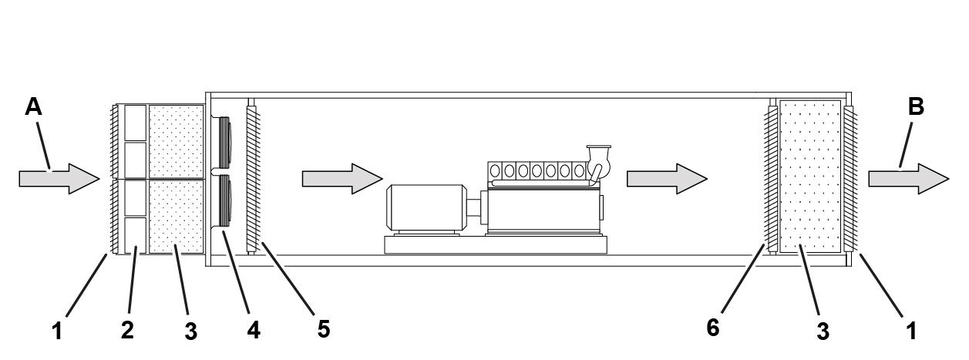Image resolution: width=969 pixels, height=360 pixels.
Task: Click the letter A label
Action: click(x=33, y=106)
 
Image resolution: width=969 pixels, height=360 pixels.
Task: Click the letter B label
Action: click(x=916, y=106)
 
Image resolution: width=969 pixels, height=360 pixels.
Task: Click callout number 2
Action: click(x=127, y=329)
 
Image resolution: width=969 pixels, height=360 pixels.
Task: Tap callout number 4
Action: click(x=254, y=330)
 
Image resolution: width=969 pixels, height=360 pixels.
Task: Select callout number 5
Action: click(x=324, y=329)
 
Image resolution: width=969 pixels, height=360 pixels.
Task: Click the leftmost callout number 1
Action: click(x=56, y=331)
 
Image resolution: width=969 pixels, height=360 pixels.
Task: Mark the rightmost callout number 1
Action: click(x=911, y=331)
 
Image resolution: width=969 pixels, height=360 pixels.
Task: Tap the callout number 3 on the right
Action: click(x=823, y=331)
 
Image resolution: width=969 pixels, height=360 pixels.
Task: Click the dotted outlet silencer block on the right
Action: click(x=809, y=176)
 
